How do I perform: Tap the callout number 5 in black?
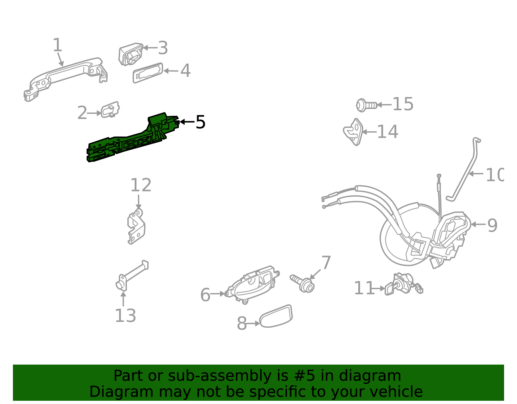pyautogui.click(x=200, y=122)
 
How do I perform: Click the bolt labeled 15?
pyautogui.click(x=366, y=105)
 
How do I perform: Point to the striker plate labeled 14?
pyautogui.click(x=353, y=132)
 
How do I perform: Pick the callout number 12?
pyautogui.click(x=141, y=186)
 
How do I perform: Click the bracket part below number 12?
pyautogui.click(x=136, y=226)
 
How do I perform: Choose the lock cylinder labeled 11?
pyautogui.click(x=402, y=284)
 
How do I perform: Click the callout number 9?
pyautogui.click(x=492, y=225)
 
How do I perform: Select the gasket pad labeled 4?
pyautogui.click(x=148, y=73)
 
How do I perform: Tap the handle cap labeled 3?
pyautogui.click(x=131, y=54)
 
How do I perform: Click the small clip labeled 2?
pyautogui.click(x=110, y=110)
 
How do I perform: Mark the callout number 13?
pyautogui.click(x=125, y=316)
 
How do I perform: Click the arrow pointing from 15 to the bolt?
pyautogui.click(x=385, y=105)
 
